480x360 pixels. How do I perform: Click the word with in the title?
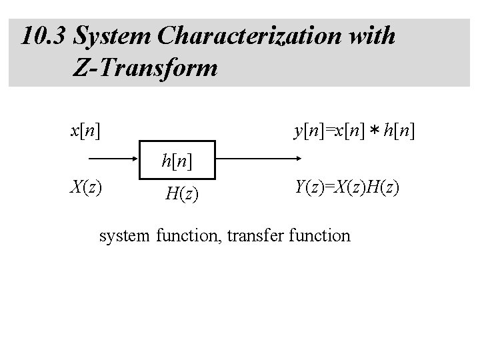pyautogui.click(x=373, y=36)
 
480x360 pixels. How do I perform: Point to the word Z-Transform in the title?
pyautogui.click(x=143, y=67)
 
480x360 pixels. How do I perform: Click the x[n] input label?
pyautogui.click(x=86, y=131)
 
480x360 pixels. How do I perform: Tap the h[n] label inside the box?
pyautogui.click(x=177, y=161)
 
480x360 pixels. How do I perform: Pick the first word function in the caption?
pyautogui.click(x=187, y=235)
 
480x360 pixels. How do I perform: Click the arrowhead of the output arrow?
pyautogui.click(x=297, y=160)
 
